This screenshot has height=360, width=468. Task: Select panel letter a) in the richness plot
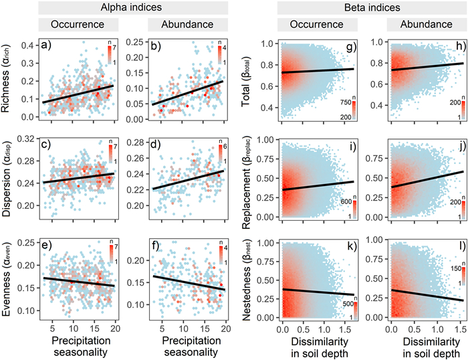45,46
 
